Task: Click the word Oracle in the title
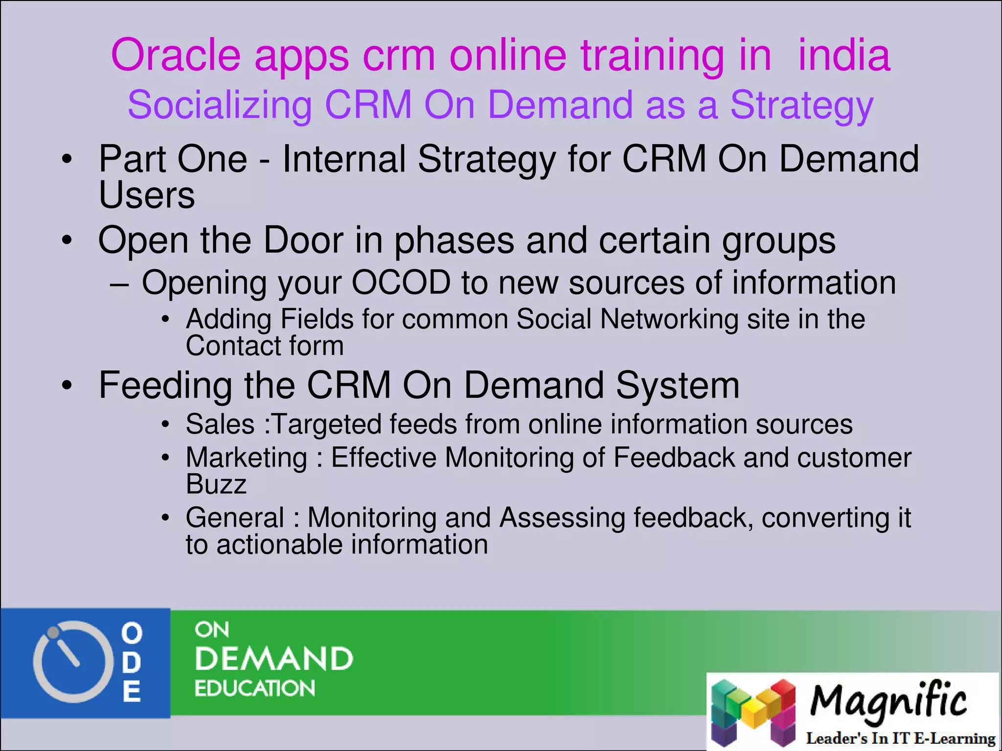point(176,55)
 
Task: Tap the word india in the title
point(844,55)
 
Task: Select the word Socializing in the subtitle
point(220,106)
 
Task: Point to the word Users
point(147,196)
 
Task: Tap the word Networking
point(669,319)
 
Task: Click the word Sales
point(220,424)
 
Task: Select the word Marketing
point(247,458)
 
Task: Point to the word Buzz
point(216,485)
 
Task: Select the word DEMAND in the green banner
point(274,659)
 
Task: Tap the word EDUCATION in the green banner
point(254,688)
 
